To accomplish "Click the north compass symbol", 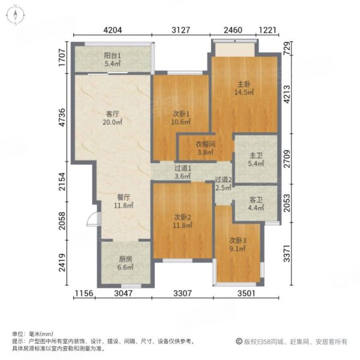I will (14, 16).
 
